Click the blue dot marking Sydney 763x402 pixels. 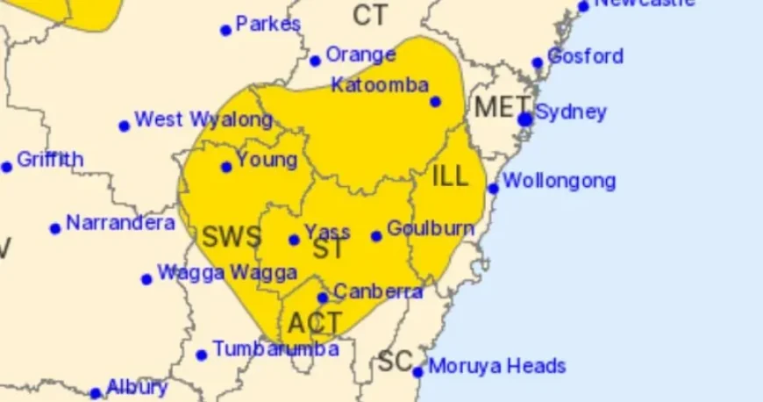point(525,119)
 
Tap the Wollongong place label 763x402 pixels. point(559,182)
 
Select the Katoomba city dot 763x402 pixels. point(435,102)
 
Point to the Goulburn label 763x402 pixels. point(430,228)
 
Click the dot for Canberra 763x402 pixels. point(323,298)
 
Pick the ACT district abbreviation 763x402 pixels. point(314,323)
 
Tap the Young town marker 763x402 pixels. point(226,167)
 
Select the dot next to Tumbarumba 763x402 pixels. point(202,355)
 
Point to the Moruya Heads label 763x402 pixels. point(496,366)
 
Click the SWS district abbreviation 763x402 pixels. point(232,236)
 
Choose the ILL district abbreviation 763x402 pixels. point(451,176)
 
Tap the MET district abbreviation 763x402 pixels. point(496,108)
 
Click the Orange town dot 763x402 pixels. point(315,61)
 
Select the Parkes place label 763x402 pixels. point(268,24)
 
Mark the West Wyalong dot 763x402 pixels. point(125,126)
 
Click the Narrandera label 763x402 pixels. point(120,223)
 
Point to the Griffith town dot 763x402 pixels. point(7,167)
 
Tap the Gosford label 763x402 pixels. point(585,56)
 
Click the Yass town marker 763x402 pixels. point(294,240)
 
